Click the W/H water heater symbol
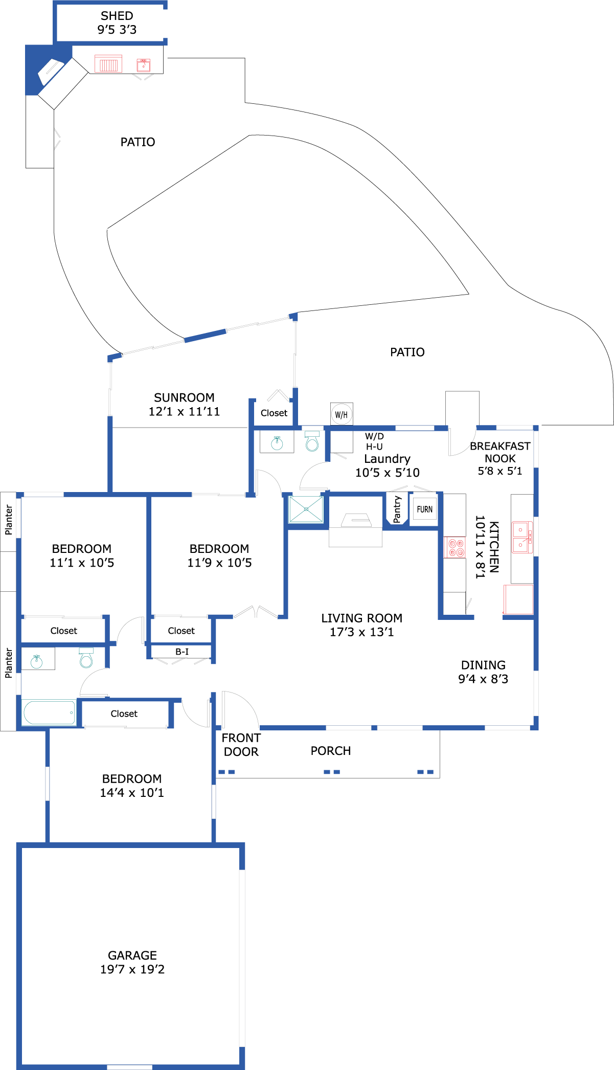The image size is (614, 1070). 342,414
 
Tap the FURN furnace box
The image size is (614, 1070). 424,509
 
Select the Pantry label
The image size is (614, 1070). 397,509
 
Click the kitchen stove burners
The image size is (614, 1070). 454,547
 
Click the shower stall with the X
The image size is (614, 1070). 306,509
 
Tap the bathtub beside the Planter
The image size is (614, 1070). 49,712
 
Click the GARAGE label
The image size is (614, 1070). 132,955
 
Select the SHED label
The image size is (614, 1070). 117,16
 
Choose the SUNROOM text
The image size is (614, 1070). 184,397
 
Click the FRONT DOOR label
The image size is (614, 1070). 241,745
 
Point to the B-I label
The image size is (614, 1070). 182,652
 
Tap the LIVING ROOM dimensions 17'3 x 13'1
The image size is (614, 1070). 362,632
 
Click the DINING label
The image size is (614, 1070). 483,665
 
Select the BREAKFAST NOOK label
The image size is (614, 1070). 500,452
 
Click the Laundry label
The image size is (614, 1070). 387,459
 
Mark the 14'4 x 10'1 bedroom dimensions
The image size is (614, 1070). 132,793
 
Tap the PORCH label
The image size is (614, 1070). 331,751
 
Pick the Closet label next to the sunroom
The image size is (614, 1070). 274,413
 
